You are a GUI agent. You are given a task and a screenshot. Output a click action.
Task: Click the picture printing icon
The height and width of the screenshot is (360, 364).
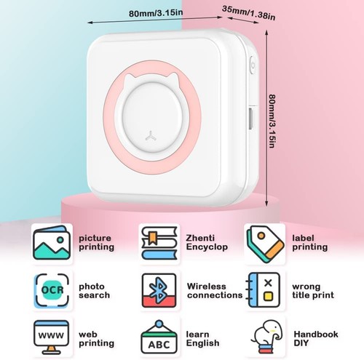(52, 243)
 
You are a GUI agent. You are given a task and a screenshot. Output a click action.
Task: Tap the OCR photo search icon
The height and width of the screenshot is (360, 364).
(52, 290)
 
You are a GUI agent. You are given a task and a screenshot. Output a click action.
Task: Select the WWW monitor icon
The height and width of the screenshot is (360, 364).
(52, 337)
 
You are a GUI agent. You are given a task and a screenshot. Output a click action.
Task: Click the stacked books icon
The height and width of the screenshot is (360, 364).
(159, 243)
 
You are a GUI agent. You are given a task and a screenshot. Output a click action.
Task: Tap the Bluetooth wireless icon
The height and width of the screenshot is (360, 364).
(159, 290)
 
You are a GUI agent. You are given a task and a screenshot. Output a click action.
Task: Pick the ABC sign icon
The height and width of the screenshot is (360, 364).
(159, 337)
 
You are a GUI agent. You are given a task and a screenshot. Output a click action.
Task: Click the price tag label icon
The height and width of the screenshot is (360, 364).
(265, 244)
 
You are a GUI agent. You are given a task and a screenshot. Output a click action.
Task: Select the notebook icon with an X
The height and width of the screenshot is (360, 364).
(263, 290)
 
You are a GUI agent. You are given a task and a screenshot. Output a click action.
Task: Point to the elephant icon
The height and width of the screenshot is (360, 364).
(267, 337)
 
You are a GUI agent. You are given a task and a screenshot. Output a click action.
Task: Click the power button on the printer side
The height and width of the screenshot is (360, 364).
(253, 65)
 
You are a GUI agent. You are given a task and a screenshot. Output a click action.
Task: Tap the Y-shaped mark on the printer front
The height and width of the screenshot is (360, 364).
(151, 136)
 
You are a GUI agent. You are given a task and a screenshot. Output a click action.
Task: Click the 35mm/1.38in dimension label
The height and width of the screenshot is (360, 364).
(248, 13)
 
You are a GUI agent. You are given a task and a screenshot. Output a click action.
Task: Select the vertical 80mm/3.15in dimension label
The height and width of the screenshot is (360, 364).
(272, 121)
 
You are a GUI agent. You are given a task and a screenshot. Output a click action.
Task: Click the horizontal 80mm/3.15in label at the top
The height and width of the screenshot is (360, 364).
(156, 13)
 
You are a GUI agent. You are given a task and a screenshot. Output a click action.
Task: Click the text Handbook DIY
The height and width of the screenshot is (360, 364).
(316, 338)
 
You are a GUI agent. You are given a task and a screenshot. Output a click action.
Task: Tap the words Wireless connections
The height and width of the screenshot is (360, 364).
(215, 291)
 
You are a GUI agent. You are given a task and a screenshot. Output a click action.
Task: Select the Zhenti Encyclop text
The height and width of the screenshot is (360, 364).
(207, 242)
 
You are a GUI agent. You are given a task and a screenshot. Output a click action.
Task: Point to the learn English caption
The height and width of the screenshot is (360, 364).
(202, 339)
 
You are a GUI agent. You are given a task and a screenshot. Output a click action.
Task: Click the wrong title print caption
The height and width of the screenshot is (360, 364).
(313, 291)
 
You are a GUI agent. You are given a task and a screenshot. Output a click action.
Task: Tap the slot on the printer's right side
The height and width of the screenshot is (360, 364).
(251, 119)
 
